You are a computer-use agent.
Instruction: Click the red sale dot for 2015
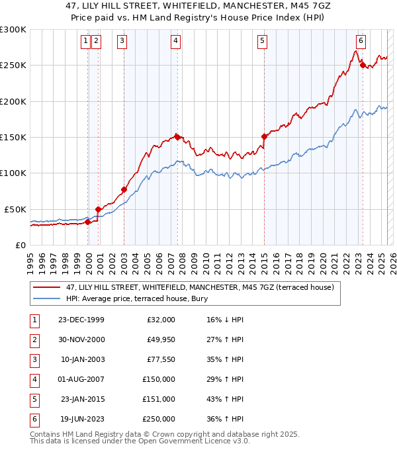point(264,136)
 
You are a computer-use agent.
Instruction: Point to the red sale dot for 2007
point(177,137)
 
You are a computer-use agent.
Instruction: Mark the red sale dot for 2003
point(124,189)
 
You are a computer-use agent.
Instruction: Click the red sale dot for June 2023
point(363,65)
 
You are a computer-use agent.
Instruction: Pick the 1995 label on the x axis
point(30,259)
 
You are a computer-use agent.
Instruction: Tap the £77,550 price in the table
point(159,359)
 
